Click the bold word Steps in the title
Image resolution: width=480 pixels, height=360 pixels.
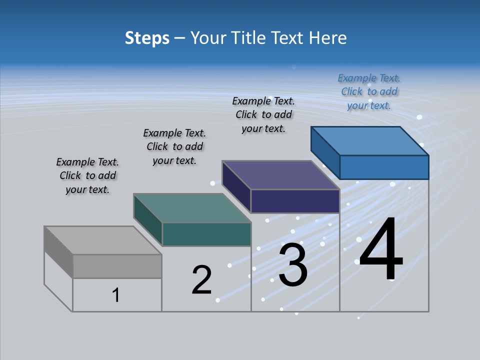tap(147, 38)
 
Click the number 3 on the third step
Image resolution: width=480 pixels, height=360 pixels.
tap(293, 264)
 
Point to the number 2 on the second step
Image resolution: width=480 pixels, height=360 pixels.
tap(202, 280)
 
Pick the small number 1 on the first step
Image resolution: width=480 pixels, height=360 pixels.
tap(116, 295)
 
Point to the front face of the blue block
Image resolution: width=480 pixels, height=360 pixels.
tap(384, 167)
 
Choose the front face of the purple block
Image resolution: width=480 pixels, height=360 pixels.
tap(295, 201)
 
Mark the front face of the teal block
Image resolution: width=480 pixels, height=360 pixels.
tap(206, 234)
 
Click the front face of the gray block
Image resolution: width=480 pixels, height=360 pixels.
tap(117, 266)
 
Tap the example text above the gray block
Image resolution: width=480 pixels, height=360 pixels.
tap(87, 175)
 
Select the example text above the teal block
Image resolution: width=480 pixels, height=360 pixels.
tap(174, 146)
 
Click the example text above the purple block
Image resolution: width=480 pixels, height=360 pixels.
tap(263, 114)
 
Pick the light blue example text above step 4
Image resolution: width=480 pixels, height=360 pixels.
tap(369, 91)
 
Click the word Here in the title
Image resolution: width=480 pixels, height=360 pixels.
tap(328, 38)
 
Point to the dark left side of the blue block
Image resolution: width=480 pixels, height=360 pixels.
tap(325, 152)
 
